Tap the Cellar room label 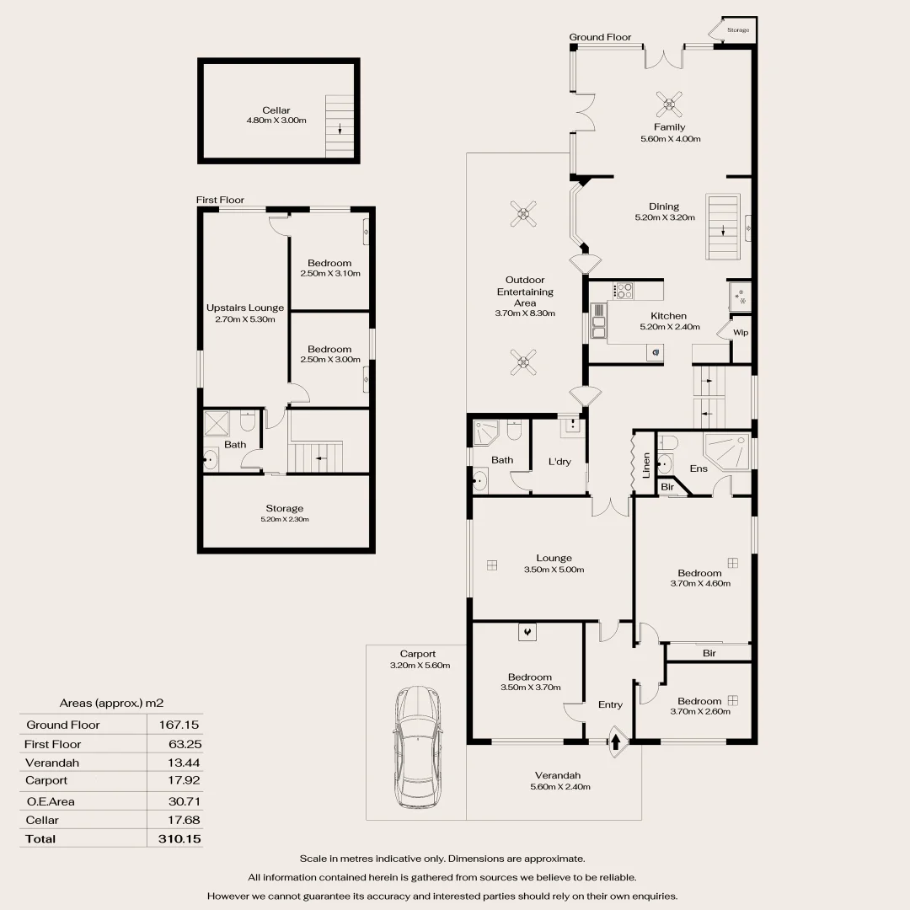click(x=276, y=110)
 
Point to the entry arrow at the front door click(x=616, y=742)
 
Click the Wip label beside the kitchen click(x=741, y=332)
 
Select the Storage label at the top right click(x=738, y=30)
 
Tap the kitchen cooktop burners click(x=624, y=291)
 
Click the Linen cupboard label click(x=646, y=466)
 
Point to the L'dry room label click(x=559, y=461)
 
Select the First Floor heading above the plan click(x=220, y=200)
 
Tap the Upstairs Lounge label click(x=245, y=308)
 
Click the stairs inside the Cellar click(x=340, y=126)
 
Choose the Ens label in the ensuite click(x=699, y=468)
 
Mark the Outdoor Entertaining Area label click(x=525, y=292)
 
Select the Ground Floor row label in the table click(x=63, y=725)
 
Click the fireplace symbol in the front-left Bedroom click(x=527, y=630)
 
